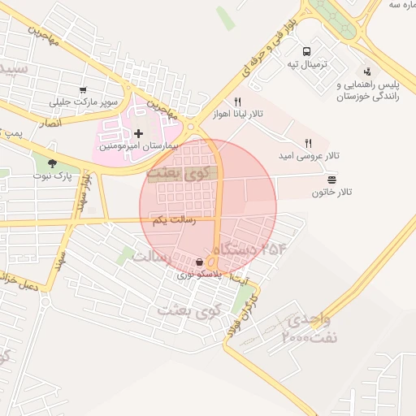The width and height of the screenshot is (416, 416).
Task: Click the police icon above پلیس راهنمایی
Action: click(368, 71)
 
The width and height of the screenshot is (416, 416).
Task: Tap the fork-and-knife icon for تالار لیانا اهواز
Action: click(237, 102)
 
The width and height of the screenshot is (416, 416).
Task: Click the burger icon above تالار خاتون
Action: click(331, 179)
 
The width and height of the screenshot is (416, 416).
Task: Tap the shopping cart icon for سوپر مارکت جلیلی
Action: click(83, 89)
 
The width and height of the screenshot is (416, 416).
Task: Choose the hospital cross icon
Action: click(138, 133)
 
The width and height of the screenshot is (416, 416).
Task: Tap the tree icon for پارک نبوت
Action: click(52, 162)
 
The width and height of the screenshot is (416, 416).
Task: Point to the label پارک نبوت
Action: click(52, 175)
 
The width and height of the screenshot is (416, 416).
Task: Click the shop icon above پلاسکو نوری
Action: click(200, 262)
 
